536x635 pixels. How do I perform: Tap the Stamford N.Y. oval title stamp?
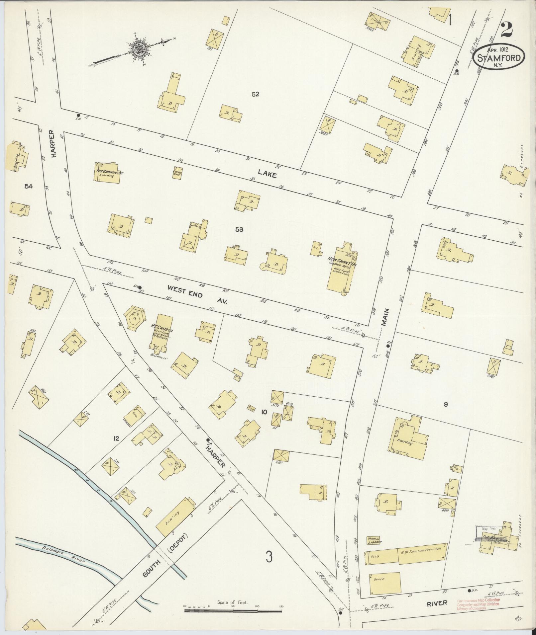point(499,57)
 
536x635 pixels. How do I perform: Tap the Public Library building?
point(373,540)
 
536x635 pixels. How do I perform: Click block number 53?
point(239,229)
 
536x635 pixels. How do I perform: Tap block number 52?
point(255,94)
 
